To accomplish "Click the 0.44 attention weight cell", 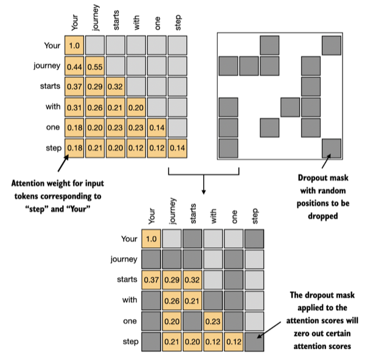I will pyautogui.click(x=74, y=66).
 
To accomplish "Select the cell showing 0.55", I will pyautogui.click(x=95, y=66).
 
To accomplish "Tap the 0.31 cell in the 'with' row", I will pyautogui.click(x=74, y=108).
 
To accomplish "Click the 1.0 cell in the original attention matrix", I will pyautogui.click(x=74, y=46).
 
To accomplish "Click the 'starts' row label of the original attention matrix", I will pyautogui.click(x=49, y=87).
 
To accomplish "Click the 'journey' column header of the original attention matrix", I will pyautogui.click(x=96, y=18).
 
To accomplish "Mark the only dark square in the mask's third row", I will pyautogui.click(x=311, y=87).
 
